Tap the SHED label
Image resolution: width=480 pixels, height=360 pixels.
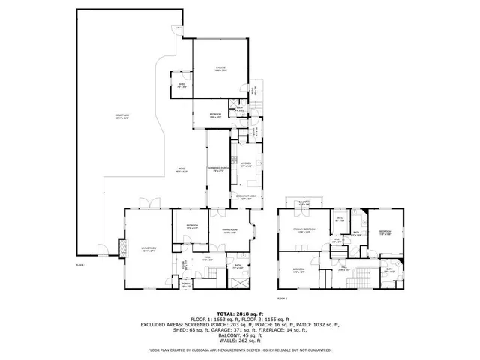click(x=181, y=86)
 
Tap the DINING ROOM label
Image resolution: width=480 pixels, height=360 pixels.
click(x=229, y=231)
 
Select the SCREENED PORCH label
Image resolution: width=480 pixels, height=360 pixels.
click(x=217, y=169)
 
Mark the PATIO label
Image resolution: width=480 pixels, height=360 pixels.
click(x=181, y=169)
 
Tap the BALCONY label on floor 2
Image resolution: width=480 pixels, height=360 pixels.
click(x=304, y=202)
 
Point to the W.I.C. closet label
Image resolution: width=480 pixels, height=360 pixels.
click(x=340, y=220)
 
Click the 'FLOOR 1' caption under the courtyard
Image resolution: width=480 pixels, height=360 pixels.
click(x=81, y=265)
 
